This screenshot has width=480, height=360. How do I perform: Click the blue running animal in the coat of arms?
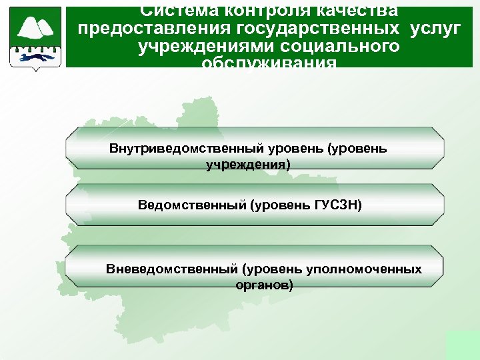pos(36,57)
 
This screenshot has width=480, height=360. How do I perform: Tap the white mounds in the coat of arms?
pos(37,27)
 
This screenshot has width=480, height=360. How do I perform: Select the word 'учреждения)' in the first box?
pos(249,163)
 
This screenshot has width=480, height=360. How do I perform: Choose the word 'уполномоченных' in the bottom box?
pos(364,269)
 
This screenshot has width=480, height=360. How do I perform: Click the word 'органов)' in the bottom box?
pos(264,285)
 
